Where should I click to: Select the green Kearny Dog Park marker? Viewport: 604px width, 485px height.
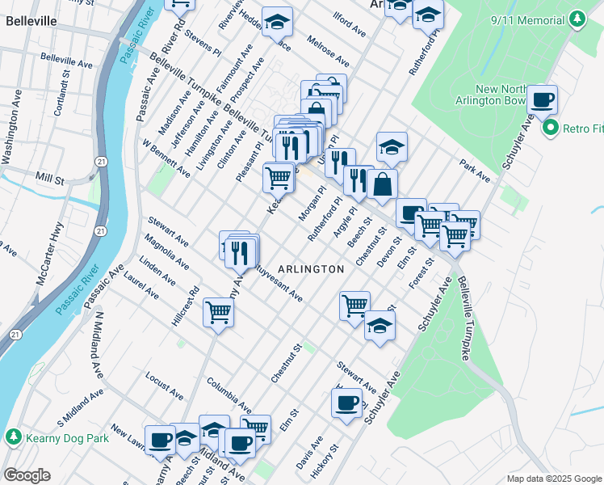[x=13, y=437]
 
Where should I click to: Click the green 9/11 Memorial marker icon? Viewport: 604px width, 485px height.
[x=577, y=19]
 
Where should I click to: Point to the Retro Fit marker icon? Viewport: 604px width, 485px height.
[x=552, y=128]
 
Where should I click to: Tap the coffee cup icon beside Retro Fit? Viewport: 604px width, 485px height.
[x=542, y=101]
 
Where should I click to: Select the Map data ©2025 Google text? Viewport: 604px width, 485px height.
[x=553, y=479]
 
